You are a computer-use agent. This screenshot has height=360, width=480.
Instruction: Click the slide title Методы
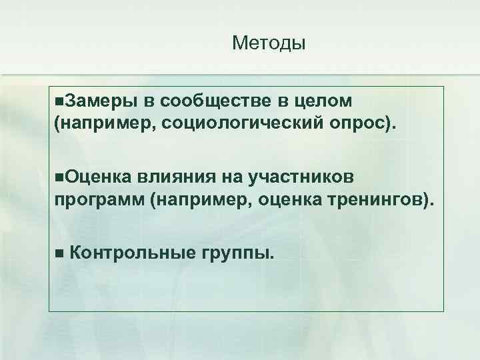click(x=269, y=44)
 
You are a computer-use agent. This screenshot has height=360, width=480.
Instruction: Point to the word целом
click(x=322, y=101)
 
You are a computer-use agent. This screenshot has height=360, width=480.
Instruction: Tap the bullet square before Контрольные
click(x=59, y=253)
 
